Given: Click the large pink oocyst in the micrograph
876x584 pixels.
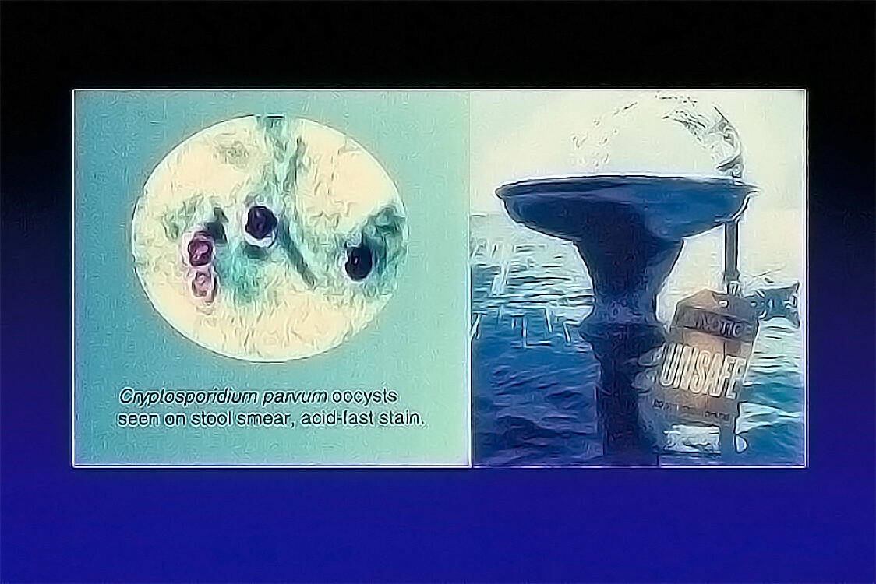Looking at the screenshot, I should (200, 249).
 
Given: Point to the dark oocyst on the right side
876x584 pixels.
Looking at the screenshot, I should (358, 262).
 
